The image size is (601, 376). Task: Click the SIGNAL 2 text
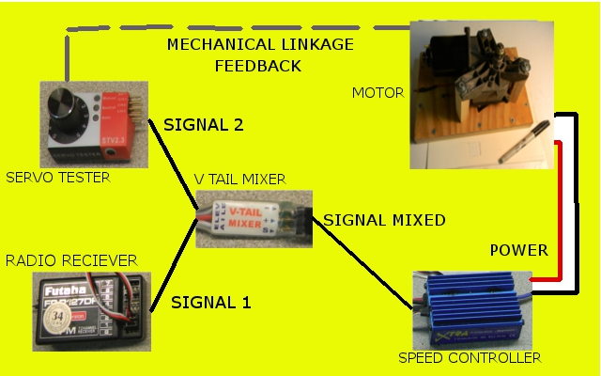pyautogui.click(x=204, y=124)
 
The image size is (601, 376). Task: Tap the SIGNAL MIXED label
pyautogui.click(x=384, y=220)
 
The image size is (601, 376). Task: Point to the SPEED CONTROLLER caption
pyautogui.click(x=470, y=358)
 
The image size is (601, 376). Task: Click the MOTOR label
pyautogui.click(x=378, y=92)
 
